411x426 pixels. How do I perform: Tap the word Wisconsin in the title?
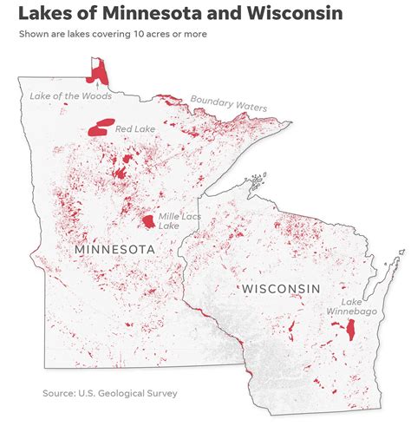pos(295,13)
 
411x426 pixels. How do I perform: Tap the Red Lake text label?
pos(135,128)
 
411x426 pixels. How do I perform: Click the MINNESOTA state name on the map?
pos(114,250)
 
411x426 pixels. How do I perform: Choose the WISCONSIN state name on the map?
pos(281,288)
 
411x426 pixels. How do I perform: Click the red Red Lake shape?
pos(101,129)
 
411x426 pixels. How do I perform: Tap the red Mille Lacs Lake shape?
pos(149,221)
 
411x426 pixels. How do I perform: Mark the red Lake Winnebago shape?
pos(350,331)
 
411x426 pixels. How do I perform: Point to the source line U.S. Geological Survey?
pos(110,393)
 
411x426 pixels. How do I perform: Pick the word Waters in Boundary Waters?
pos(249,107)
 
